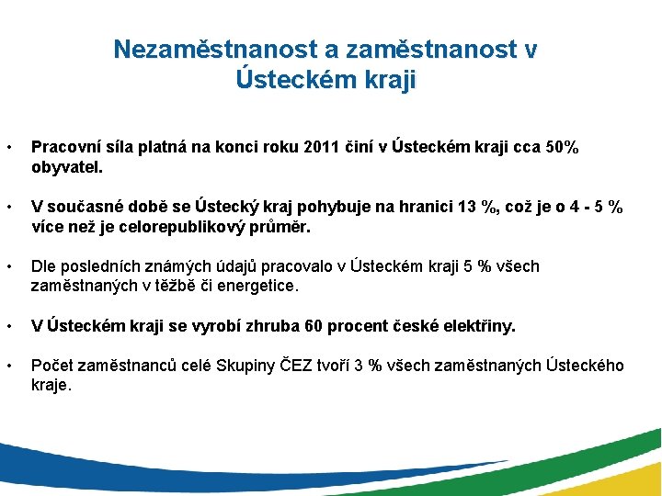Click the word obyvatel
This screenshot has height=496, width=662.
click(67, 168)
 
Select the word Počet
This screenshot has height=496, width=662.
click(52, 366)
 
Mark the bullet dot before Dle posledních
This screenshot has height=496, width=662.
click(8, 266)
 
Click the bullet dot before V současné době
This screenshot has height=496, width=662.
click(8, 207)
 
